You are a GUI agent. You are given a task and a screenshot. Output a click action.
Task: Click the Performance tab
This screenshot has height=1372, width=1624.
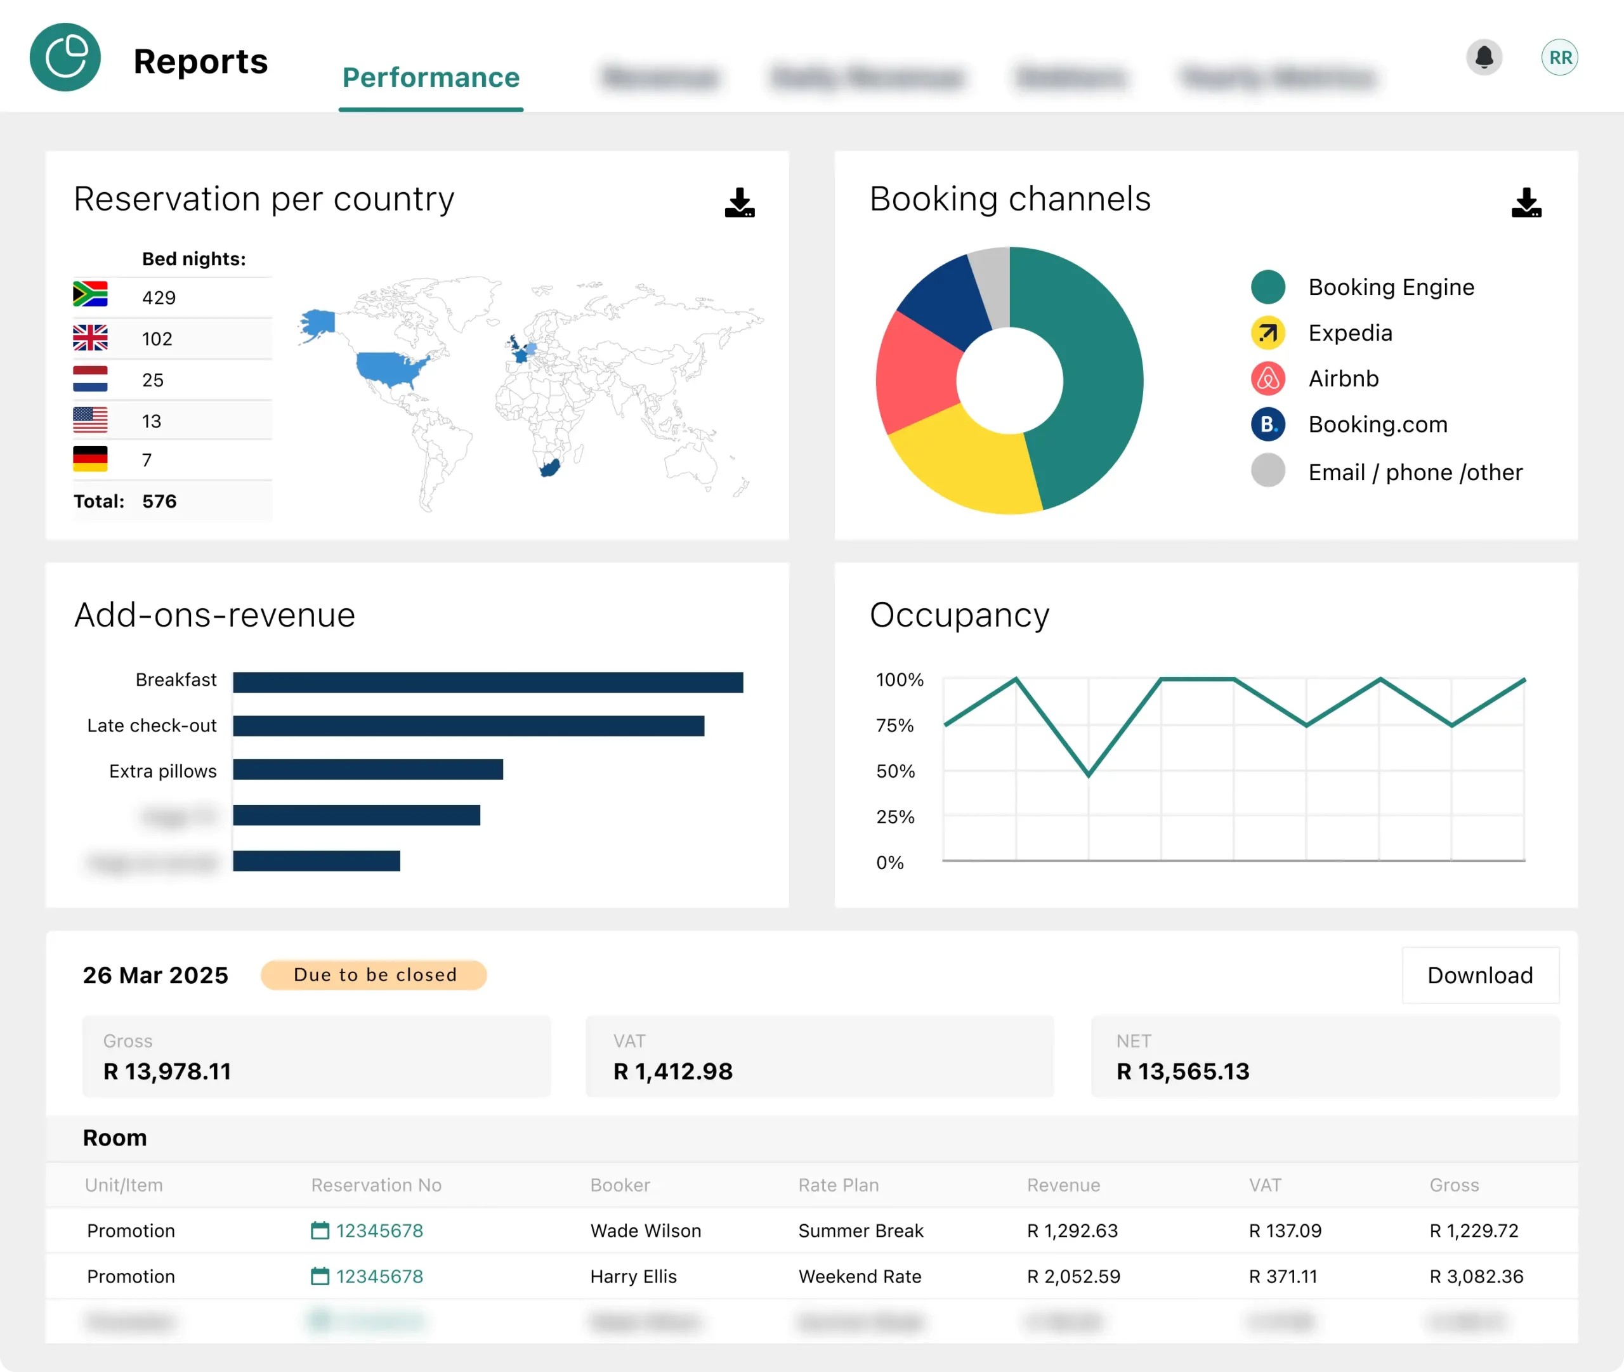(431, 78)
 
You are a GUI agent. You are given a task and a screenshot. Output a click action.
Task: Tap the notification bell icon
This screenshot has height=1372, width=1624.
(1484, 57)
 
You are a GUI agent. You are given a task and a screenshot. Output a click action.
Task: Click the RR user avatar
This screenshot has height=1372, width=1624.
(1559, 58)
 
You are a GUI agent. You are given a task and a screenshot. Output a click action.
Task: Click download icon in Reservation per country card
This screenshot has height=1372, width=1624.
(740, 202)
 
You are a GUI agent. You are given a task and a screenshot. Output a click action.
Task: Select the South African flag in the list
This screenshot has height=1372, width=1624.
(90, 294)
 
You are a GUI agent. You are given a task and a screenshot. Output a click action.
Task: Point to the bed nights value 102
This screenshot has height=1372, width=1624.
(157, 339)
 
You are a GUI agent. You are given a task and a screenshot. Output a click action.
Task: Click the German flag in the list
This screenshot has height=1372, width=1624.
(90, 459)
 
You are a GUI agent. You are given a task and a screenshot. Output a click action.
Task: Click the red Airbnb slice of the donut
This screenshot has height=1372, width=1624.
(916, 372)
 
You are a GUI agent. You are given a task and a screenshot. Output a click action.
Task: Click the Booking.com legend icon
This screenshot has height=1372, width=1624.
(1267, 425)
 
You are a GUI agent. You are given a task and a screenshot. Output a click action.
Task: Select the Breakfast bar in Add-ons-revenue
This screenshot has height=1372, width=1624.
(488, 682)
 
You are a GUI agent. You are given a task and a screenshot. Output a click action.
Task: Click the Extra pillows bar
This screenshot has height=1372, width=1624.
(368, 770)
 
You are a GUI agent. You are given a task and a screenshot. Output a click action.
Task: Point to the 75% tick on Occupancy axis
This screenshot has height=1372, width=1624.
(894, 726)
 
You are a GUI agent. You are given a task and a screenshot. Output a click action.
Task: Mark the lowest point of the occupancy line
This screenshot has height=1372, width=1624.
(1088, 774)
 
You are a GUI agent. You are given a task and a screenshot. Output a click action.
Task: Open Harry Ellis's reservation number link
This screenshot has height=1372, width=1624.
(379, 1276)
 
